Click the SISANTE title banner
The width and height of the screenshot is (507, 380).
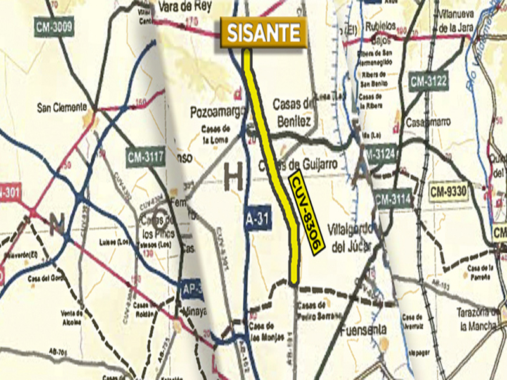point(264,33)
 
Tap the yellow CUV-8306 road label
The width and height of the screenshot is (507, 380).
point(307,213)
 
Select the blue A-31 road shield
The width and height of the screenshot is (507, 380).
point(253,219)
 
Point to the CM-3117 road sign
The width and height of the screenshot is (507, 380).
point(146,156)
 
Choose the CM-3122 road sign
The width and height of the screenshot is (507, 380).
point(428,81)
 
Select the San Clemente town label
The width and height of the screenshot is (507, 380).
point(61,107)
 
